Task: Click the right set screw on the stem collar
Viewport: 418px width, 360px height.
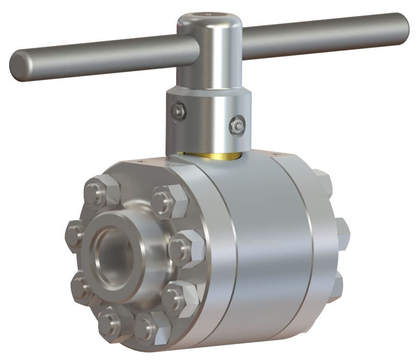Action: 237,125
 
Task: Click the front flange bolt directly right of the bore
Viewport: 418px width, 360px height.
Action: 183,247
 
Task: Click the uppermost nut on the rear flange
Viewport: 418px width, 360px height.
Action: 322,181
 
